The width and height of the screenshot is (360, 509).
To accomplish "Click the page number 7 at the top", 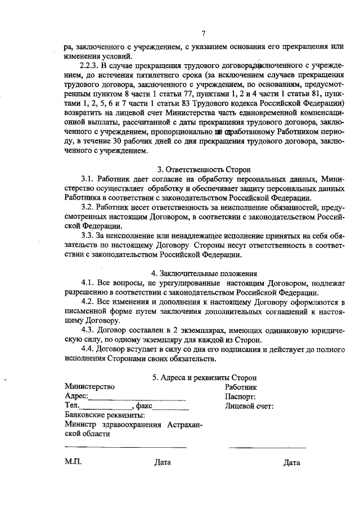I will (203, 33).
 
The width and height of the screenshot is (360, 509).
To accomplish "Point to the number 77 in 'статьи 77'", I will (192, 94).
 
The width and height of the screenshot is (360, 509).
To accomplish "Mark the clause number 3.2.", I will (89, 208).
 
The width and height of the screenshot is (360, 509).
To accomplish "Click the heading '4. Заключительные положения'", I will (204, 273).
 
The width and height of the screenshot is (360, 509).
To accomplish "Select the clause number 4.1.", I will (89, 283).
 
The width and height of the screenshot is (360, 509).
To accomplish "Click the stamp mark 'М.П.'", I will (73, 462).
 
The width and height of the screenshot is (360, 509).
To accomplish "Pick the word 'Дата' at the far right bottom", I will (292, 463).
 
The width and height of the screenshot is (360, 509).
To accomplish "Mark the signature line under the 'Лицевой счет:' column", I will (267, 448).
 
